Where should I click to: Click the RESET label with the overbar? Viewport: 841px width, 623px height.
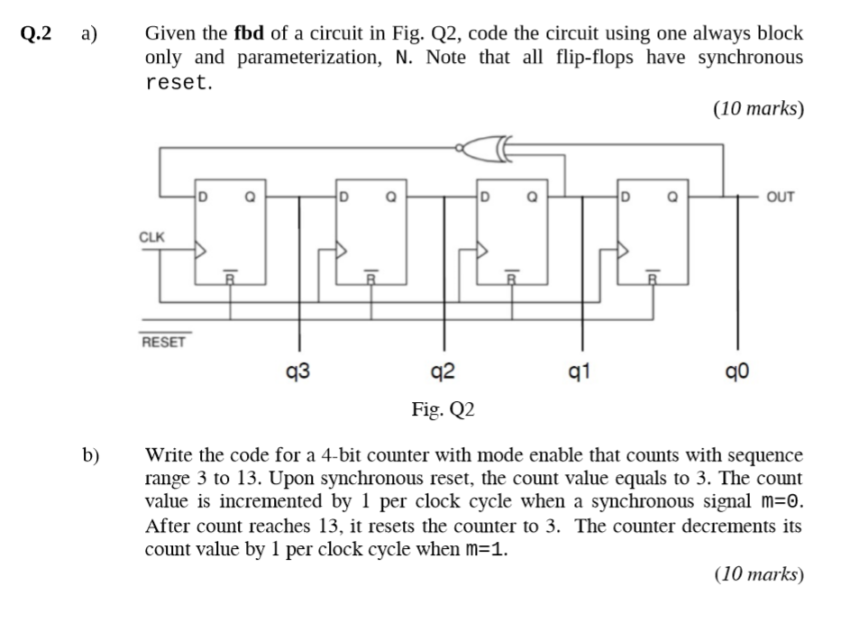pos(162,342)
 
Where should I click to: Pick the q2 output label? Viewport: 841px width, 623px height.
pos(443,370)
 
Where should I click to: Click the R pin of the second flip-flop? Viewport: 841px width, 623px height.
pos(370,279)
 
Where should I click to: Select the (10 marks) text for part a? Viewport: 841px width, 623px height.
pos(757,109)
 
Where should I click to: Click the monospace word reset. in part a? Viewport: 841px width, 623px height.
pos(179,83)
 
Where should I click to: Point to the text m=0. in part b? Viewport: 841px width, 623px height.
pos(780,500)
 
